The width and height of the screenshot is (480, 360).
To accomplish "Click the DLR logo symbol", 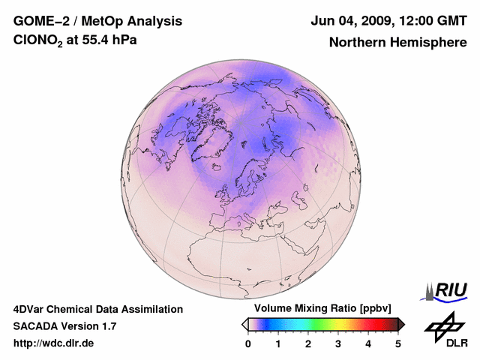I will (444, 325).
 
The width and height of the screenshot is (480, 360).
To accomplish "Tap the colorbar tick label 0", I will (248, 343).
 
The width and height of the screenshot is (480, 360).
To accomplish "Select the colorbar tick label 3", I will (338, 343).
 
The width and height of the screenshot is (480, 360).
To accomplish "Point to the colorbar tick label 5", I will (398, 343).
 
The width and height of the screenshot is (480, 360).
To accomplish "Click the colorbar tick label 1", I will (278, 343).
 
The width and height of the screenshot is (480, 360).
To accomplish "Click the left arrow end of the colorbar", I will (244, 324).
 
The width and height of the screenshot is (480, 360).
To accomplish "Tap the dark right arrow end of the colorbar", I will (401, 324).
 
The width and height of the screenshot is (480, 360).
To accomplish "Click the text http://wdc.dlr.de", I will (54, 343).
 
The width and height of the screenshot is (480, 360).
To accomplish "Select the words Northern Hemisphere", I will (398, 43).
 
